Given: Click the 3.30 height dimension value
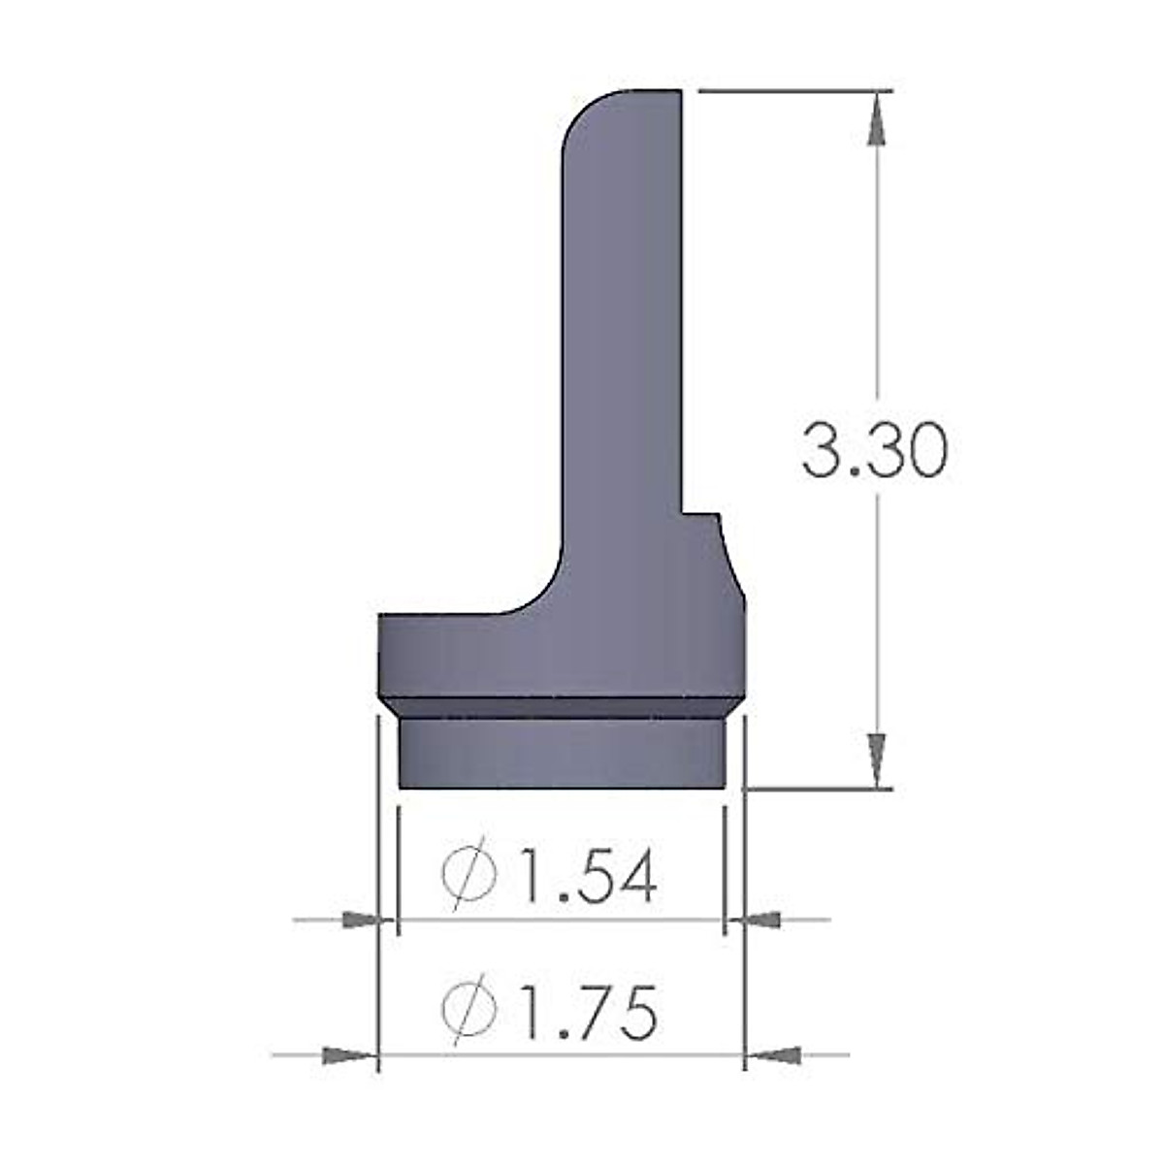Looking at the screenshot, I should click(872, 451).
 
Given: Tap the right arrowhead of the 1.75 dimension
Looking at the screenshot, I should click(776, 1054).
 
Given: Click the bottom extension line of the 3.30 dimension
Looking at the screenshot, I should click(815, 789).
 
